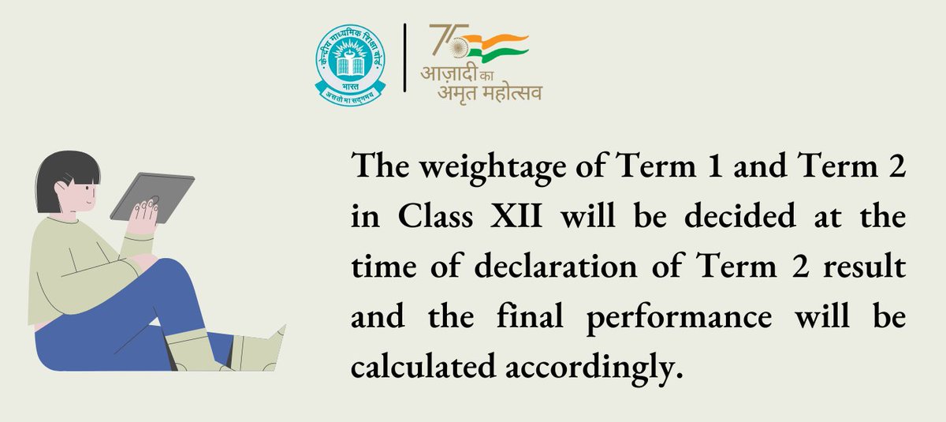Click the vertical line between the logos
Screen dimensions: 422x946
[405, 58]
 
